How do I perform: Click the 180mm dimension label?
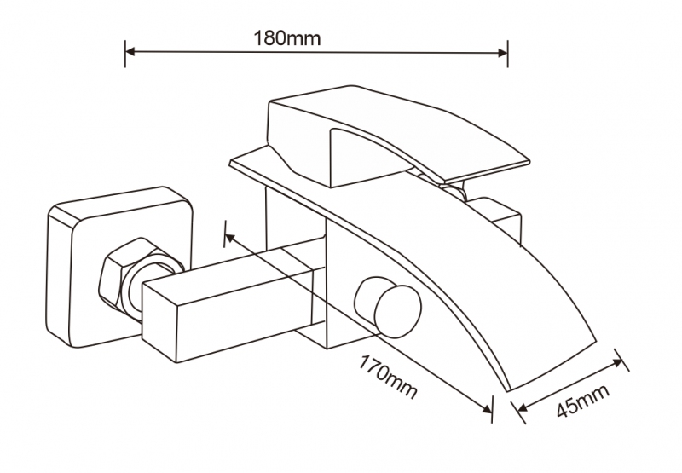(287, 38)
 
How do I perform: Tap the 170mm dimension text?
(387, 378)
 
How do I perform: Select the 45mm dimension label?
(584, 401)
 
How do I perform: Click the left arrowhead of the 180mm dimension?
(130, 52)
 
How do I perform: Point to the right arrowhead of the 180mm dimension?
(502, 53)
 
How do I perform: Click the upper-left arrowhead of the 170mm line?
(229, 238)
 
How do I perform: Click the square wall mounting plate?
(118, 268)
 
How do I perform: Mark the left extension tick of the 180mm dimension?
(125, 54)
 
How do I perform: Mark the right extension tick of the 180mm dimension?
(507, 54)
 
